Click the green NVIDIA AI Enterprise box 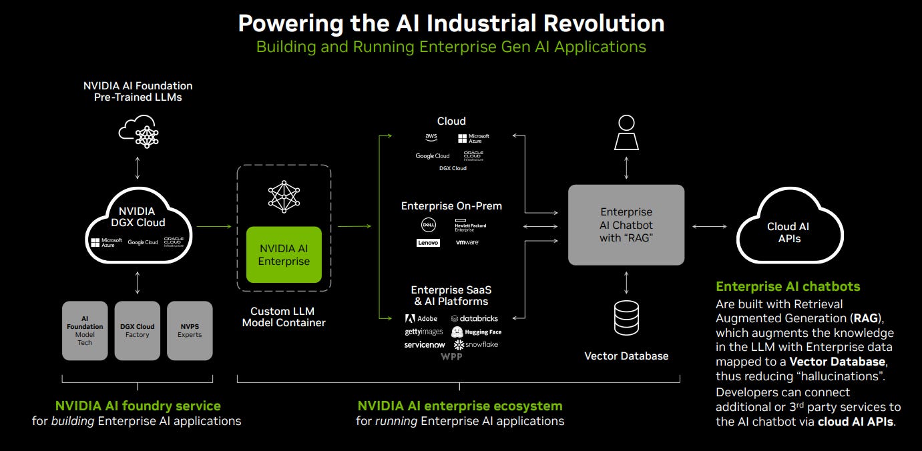[x=284, y=255]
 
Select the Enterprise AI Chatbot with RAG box [x=626, y=225]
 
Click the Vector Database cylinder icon [x=626, y=318]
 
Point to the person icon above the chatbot [x=626, y=133]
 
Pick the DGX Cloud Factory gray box [x=138, y=330]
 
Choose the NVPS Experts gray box [x=190, y=330]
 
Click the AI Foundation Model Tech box [x=85, y=330]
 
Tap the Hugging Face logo [x=476, y=332]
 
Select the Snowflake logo [x=476, y=345]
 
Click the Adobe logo [x=421, y=319]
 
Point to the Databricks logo [x=475, y=319]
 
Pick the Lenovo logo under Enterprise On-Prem [x=428, y=243]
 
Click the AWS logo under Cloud [x=431, y=137]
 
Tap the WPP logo [x=451, y=357]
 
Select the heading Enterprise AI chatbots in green [x=788, y=286]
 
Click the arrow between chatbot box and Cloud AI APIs [x=710, y=227]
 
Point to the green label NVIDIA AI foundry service [x=138, y=406]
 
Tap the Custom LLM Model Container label [x=284, y=317]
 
